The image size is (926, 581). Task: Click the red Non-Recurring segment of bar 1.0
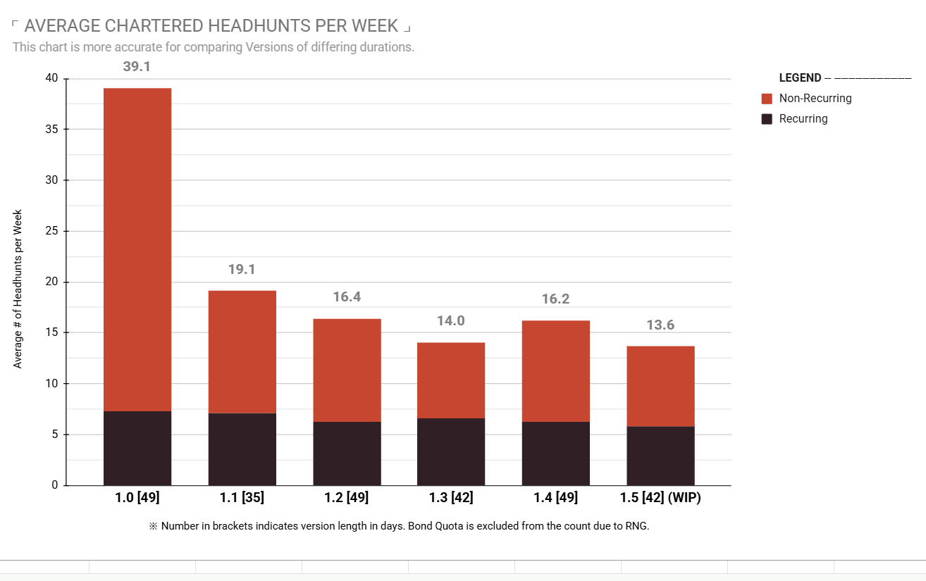click(x=137, y=249)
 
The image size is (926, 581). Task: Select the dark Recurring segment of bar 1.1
click(x=242, y=449)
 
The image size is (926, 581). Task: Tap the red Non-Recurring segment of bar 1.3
click(x=451, y=380)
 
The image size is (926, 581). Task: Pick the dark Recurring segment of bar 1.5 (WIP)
click(x=660, y=456)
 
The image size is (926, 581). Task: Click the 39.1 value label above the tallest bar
click(x=137, y=66)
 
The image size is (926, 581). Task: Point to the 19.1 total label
click(x=242, y=270)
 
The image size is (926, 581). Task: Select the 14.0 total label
click(x=451, y=320)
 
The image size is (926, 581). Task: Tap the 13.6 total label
click(x=660, y=325)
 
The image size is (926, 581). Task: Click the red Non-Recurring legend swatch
click(x=767, y=99)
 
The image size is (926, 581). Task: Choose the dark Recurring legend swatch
click(x=767, y=119)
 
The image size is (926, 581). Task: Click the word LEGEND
click(x=801, y=77)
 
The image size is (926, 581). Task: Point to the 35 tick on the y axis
click(x=51, y=130)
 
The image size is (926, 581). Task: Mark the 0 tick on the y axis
click(x=54, y=485)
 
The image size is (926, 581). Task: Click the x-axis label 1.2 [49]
click(x=347, y=497)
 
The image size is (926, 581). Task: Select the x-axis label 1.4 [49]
click(x=555, y=497)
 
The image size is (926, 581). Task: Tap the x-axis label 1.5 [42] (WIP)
click(x=660, y=497)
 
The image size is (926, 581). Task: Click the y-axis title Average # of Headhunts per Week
click(x=18, y=289)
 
